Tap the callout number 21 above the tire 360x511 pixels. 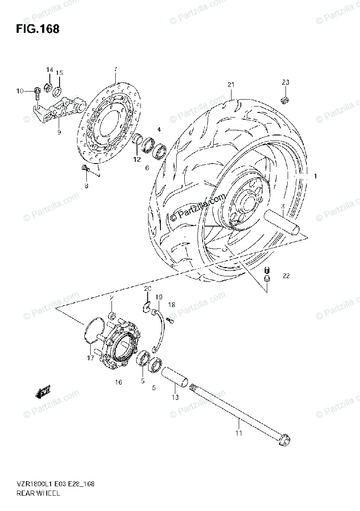pyautogui.click(x=231, y=85)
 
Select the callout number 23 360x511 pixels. pyautogui.click(x=285, y=82)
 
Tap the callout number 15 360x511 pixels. pyautogui.click(x=59, y=73)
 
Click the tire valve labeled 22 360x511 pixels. pyautogui.click(x=267, y=274)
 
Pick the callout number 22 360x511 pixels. pyautogui.click(x=286, y=276)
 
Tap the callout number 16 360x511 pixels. pyautogui.click(x=118, y=382)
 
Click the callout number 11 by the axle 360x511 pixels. pyautogui.click(x=238, y=433)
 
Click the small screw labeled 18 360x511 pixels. pyautogui.click(x=170, y=321)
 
